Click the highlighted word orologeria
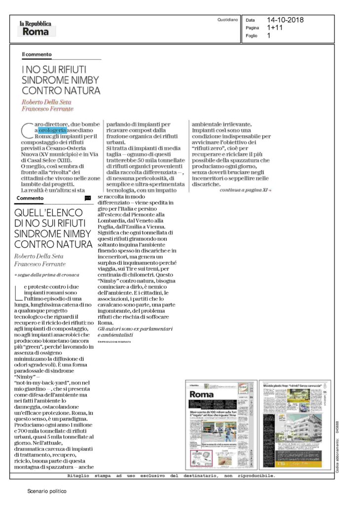53,130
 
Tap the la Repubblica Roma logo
37,28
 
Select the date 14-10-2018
285,20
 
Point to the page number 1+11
275,28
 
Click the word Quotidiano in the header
227,20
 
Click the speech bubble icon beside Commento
88,198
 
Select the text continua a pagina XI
245,189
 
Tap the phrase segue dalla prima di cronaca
47,274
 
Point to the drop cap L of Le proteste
26,292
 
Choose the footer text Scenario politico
46,491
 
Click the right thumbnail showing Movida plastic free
295,424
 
